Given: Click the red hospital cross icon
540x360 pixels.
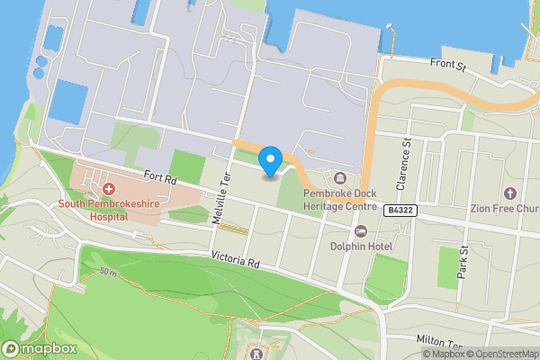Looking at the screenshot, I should (x=108, y=189).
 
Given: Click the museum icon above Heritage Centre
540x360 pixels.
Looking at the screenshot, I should (x=339, y=177).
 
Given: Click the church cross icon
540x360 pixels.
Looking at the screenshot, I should (x=510, y=193).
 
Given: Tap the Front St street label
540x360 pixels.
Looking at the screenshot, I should (x=451, y=64).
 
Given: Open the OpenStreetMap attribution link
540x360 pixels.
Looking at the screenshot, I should (x=501, y=355).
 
